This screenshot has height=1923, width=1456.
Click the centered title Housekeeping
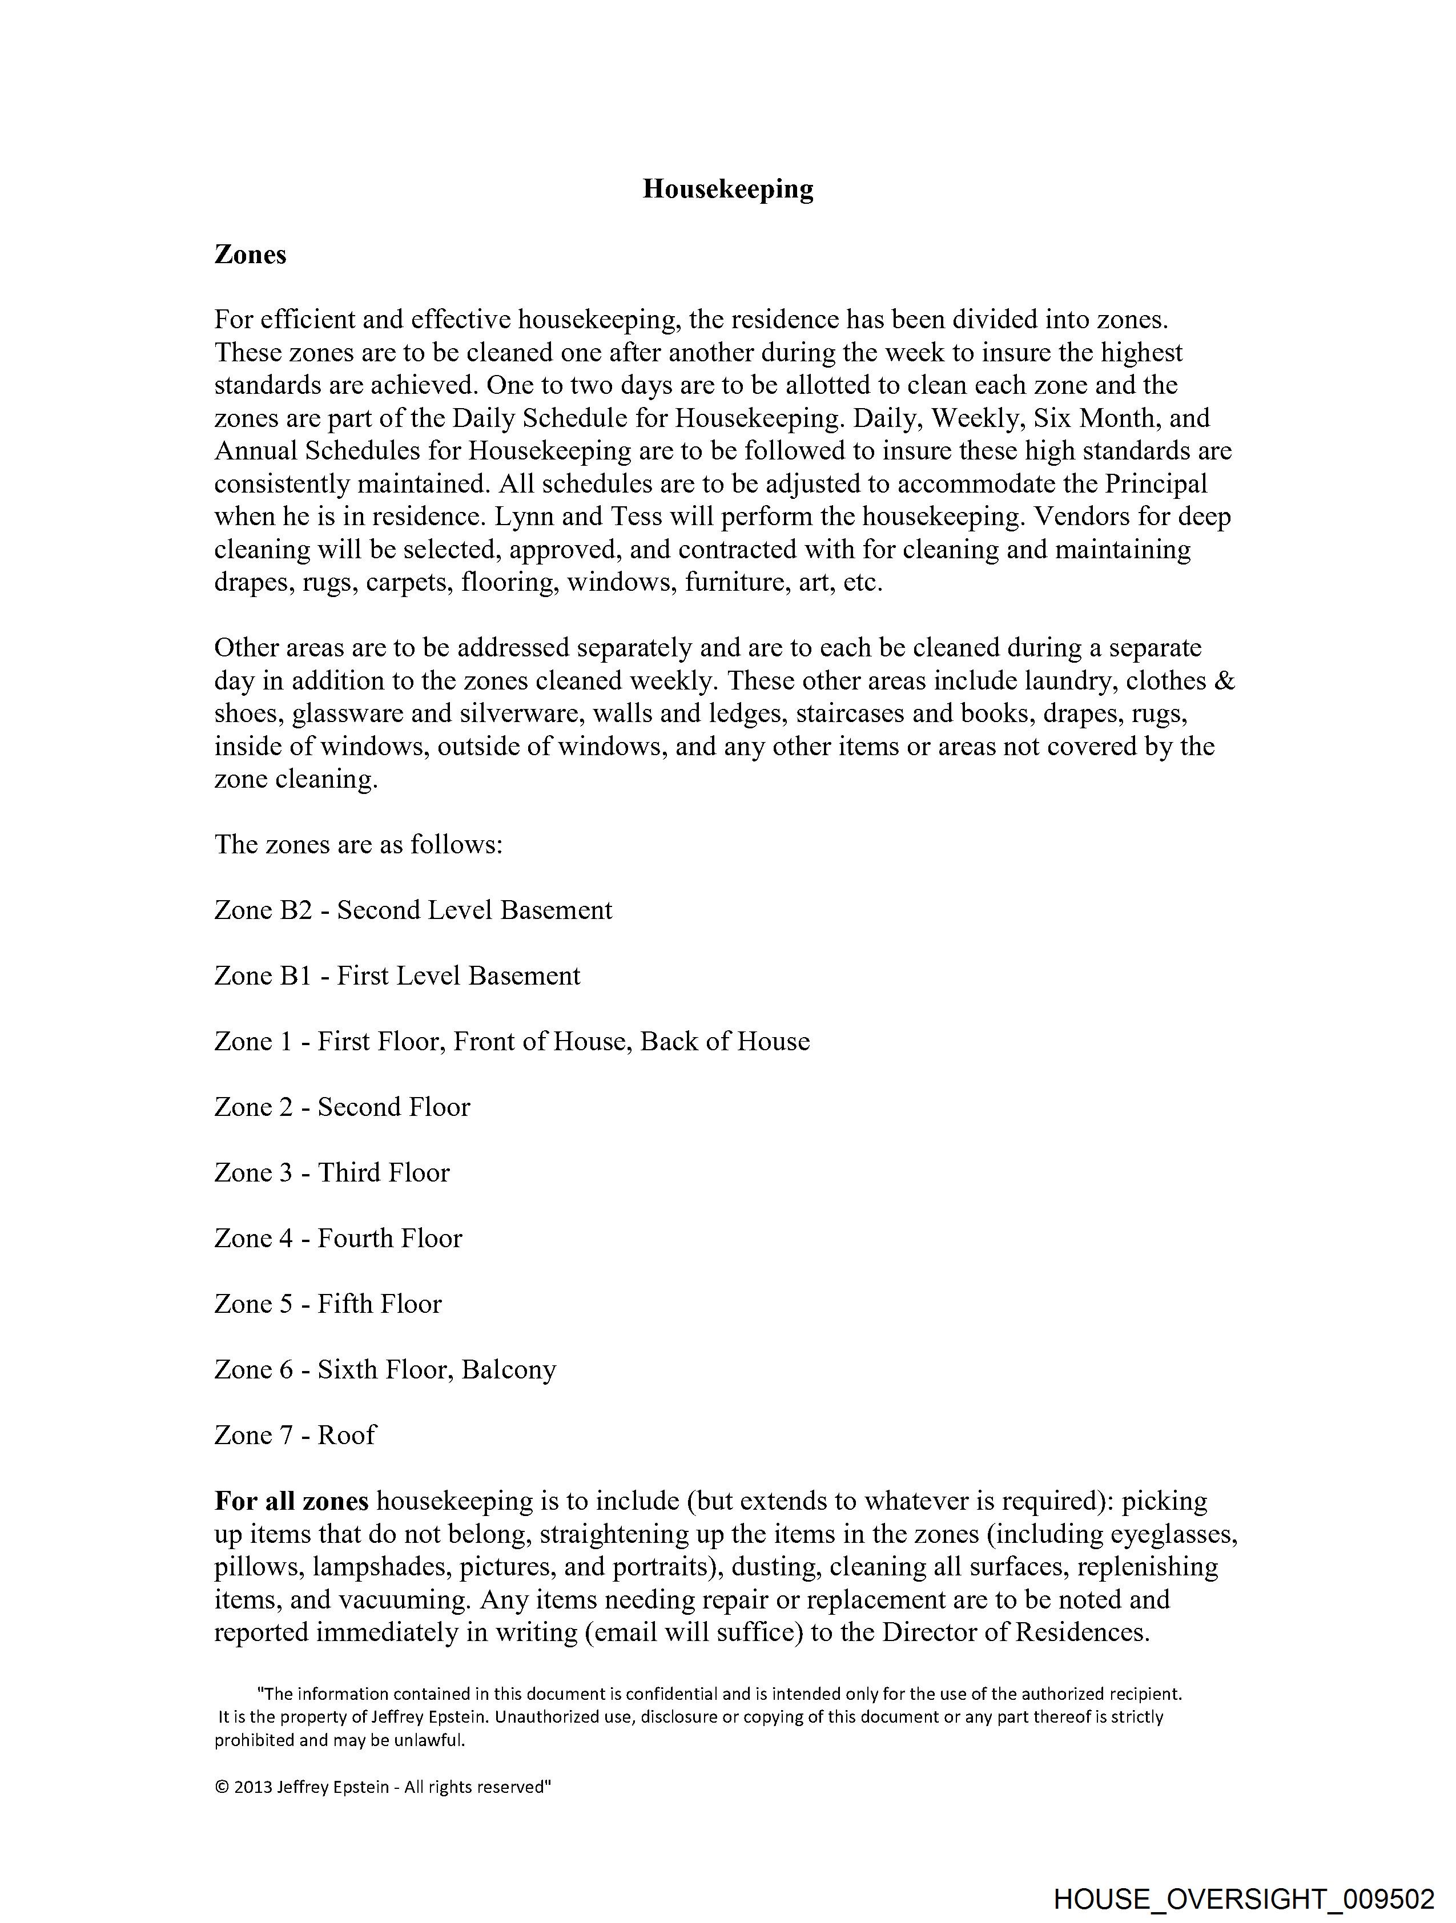728,189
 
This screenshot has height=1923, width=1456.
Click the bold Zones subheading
251,255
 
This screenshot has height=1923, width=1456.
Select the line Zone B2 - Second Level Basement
413,910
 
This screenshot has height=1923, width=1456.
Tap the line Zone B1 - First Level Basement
397,975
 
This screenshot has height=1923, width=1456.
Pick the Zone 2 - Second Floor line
342,1107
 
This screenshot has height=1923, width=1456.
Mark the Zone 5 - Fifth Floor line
328,1304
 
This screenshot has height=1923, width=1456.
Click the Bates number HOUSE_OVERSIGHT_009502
1244,1898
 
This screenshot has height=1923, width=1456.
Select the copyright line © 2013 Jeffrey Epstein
383,1787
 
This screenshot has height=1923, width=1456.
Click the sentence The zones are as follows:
359,844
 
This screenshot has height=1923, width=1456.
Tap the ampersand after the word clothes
1224,681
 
